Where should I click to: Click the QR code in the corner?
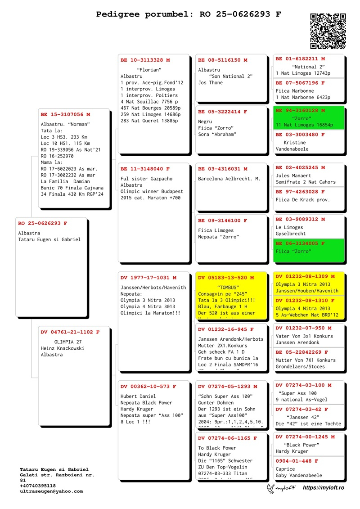pyautogui.click(x=328, y=31)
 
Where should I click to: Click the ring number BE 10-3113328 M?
pyautogui.click(x=145, y=60)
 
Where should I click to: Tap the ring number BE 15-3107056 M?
pyautogui.click(x=65, y=115)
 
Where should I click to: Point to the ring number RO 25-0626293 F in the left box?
pyautogui.click(x=43, y=223)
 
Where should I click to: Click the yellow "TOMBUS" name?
pyautogui.click(x=228, y=287)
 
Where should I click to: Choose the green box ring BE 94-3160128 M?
pyautogui.click(x=300, y=110)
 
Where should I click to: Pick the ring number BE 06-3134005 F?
pyautogui.click(x=300, y=243)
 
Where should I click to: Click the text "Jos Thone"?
pyautogui.click(x=210, y=83)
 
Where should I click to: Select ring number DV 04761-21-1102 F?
pyautogui.click(x=70, y=332)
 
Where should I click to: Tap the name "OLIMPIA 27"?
pyautogui.click(x=67, y=342)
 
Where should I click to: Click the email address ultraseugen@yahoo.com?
pyautogui.click(x=51, y=491)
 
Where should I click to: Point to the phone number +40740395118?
pyautogui.click(x=38, y=486)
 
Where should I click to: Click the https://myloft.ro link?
pyautogui.click(x=323, y=488)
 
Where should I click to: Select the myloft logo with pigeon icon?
pyautogui.click(x=281, y=488)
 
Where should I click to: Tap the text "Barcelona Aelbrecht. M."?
pyautogui.click(x=229, y=179)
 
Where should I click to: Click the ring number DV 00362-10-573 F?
pyautogui.click(x=148, y=387)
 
